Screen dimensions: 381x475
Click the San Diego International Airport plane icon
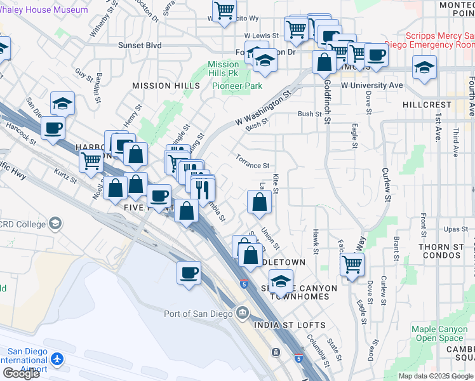(58, 360)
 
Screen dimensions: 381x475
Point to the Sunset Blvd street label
(140, 46)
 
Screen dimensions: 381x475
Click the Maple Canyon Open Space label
(441, 333)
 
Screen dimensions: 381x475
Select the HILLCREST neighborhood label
(425, 104)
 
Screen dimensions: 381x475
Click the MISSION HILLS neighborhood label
(161, 86)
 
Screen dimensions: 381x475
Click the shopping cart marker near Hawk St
(351, 263)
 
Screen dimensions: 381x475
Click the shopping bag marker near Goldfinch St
(324, 62)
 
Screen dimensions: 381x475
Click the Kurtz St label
(65, 177)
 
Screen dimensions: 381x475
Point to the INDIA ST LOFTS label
(289, 325)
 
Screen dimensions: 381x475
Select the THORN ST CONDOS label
(447, 250)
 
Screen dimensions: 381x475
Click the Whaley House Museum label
(44, 10)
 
